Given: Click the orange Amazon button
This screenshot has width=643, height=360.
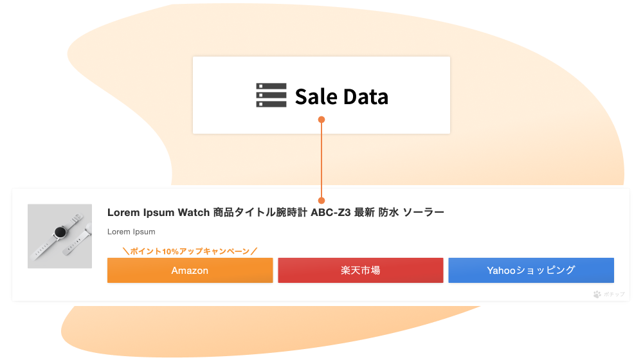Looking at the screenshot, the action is click(x=190, y=270).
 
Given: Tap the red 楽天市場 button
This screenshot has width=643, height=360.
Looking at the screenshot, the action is click(x=361, y=270).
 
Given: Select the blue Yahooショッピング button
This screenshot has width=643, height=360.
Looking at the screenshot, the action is click(x=531, y=270).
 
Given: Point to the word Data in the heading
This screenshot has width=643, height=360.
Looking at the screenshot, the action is click(x=366, y=97).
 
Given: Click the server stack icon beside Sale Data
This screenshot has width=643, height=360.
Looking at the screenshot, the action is click(x=271, y=95).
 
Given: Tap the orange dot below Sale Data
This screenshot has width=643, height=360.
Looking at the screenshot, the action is click(x=321, y=120).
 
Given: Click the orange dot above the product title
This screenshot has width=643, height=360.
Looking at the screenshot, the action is click(x=321, y=201).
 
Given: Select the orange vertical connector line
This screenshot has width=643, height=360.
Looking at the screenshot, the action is click(x=321, y=160).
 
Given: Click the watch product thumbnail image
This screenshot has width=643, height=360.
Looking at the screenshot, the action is click(x=60, y=236).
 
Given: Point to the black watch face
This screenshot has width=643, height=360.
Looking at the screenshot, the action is click(x=60, y=233).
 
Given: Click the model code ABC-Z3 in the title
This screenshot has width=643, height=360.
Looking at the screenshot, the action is click(x=331, y=212).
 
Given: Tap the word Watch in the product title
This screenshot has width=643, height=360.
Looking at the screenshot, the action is click(x=194, y=212).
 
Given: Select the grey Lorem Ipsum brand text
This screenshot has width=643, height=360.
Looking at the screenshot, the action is click(x=131, y=231).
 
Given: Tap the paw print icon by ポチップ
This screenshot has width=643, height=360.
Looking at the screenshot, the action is click(x=597, y=294).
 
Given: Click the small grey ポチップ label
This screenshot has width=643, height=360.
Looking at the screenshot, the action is click(x=614, y=294).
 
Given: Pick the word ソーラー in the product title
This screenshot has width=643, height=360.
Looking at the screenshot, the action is click(x=424, y=212).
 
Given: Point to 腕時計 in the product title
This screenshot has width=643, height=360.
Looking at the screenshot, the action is click(x=291, y=212).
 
